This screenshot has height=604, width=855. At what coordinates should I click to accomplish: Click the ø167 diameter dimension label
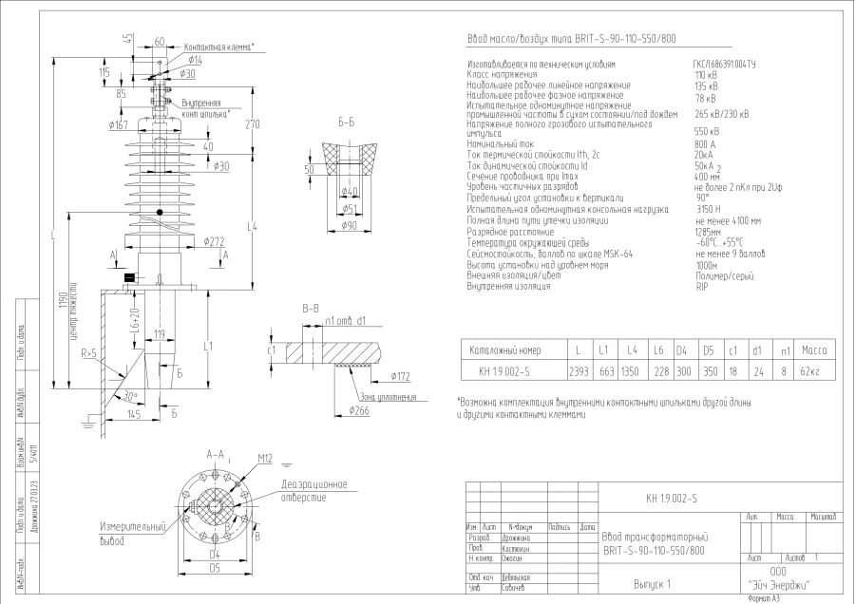tap(119, 124)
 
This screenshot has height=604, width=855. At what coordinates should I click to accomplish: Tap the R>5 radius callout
tap(90, 352)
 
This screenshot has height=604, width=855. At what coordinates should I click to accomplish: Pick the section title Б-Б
tap(346, 123)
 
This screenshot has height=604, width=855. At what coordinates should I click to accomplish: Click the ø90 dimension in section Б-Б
tap(349, 225)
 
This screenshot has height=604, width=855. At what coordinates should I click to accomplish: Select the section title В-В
tap(311, 310)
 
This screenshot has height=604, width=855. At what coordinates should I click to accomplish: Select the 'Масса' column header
tap(814, 349)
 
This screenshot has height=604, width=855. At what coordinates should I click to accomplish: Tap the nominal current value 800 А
tap(706, 144)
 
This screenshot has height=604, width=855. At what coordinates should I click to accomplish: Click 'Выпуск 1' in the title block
tap(652, 583)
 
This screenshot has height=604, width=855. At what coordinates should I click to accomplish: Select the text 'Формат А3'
tap(764, 598)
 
